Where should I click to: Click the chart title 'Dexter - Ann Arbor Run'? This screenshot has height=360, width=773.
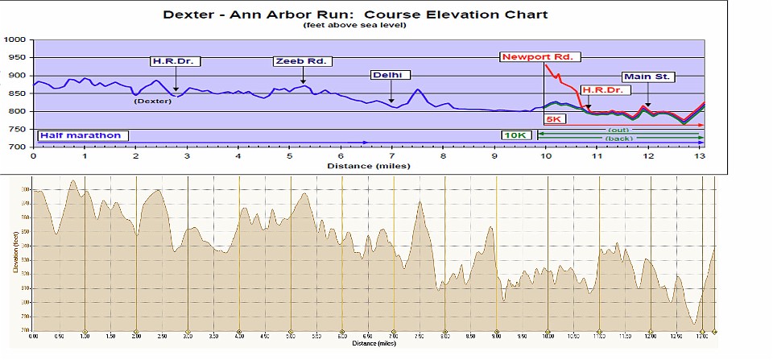click(355, 14)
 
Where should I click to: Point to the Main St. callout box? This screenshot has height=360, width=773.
click(648, 77)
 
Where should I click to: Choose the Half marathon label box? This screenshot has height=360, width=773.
click(80, 135)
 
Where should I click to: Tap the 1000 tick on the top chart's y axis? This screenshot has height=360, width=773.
click(14, 39)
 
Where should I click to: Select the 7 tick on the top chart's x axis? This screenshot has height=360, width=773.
click(392, 155)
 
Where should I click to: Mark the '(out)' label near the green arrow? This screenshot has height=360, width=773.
click(618, 130)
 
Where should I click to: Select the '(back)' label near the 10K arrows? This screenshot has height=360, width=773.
click(618, 139)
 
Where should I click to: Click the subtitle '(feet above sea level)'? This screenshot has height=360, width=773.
click(354, 26)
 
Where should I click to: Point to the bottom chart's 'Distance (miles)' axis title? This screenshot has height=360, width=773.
click(374, 343)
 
